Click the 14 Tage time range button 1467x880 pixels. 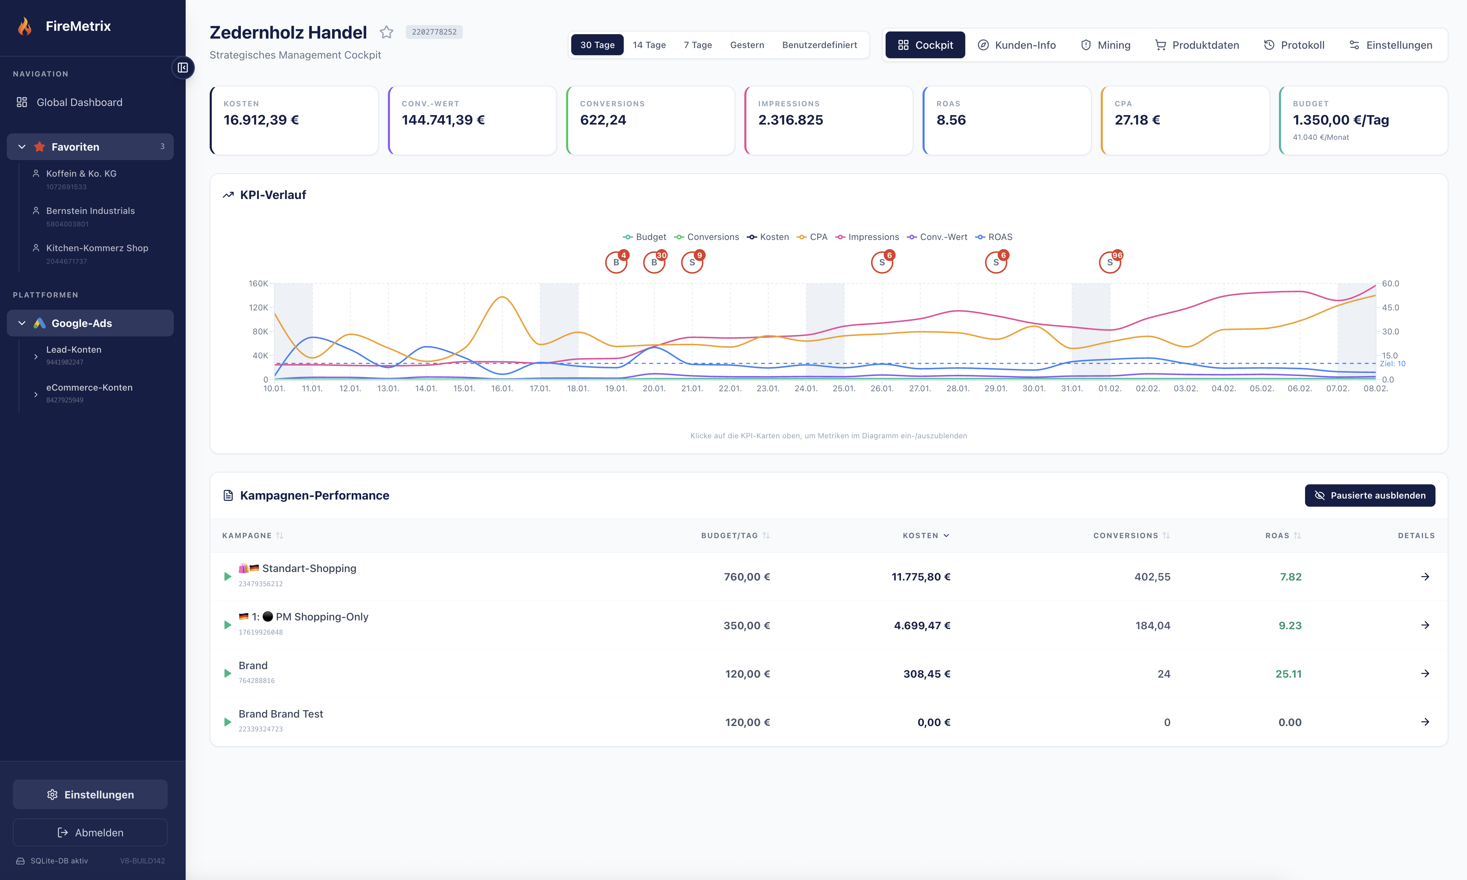tap(649, 45)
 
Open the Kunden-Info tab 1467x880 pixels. tap(1017, 45)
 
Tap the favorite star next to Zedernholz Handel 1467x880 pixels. tap(386, 32)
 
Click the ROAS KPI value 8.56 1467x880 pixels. tap(951, 120)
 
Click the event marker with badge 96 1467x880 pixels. tap(1110, 262)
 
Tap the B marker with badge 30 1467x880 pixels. tap(654, 262)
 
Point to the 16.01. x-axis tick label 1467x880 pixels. tap(502, 389)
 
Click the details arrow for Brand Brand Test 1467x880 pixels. tap(1425, 722)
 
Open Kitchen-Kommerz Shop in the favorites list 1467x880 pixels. tap(97, 248)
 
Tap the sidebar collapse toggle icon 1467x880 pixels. tap(183, 68)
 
